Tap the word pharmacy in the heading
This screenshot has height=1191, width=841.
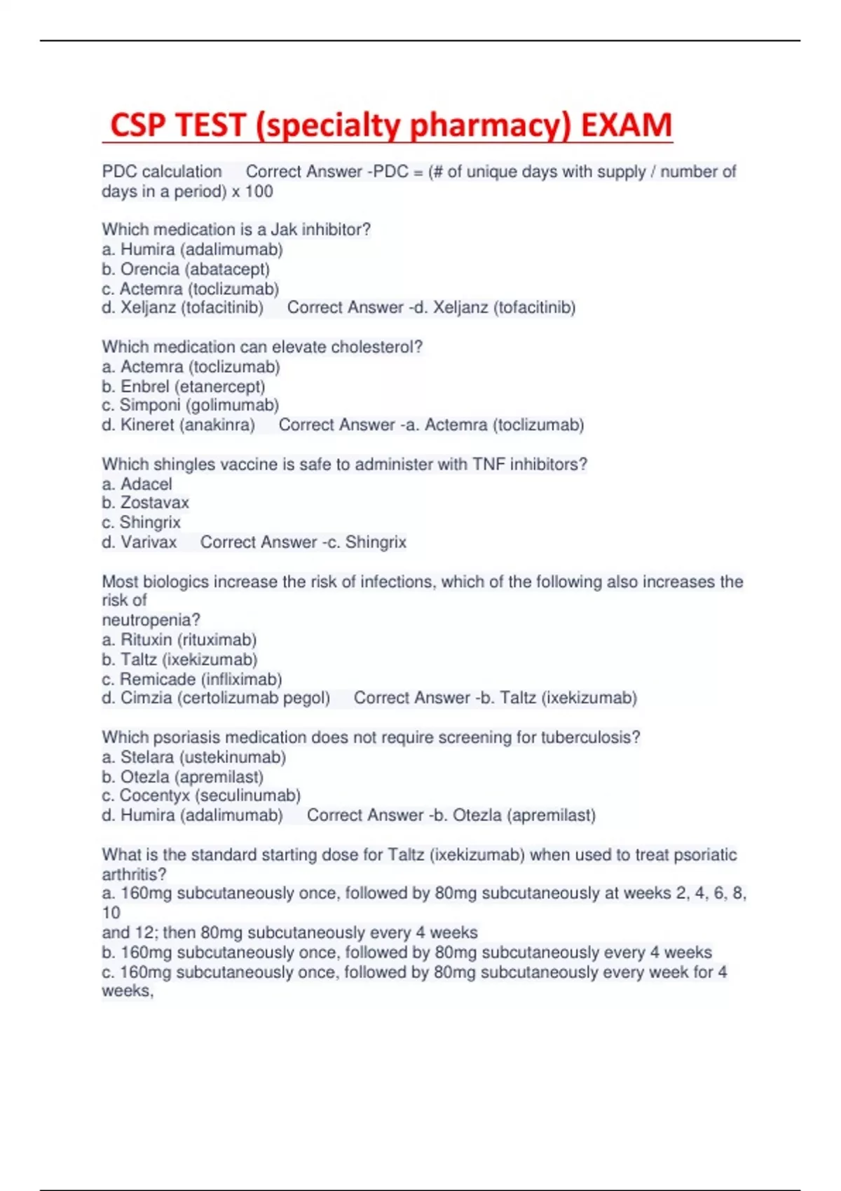490,125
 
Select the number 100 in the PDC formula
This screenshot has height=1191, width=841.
259,191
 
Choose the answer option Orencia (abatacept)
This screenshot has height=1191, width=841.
194,269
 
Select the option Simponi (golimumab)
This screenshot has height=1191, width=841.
198,405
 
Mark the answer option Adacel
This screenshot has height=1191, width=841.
146,484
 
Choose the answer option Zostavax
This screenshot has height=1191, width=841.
154,502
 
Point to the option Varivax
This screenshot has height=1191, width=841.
149,542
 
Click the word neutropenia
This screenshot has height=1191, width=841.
151,620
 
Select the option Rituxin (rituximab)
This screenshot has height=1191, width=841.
188,640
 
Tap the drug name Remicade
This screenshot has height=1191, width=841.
157,679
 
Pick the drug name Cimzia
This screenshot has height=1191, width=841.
146,698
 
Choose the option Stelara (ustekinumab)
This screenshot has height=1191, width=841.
203,757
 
